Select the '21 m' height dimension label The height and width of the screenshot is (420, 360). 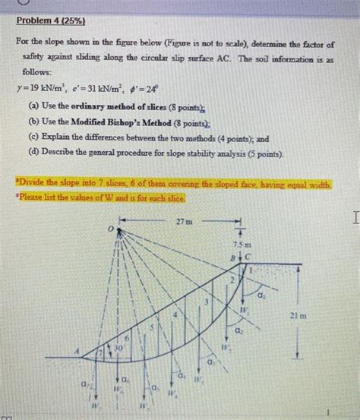[318, 314]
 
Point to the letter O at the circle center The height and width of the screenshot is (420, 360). [110, 226]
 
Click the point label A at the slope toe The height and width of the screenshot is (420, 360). [77, 352]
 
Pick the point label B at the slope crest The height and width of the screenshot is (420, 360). [235, 257]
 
